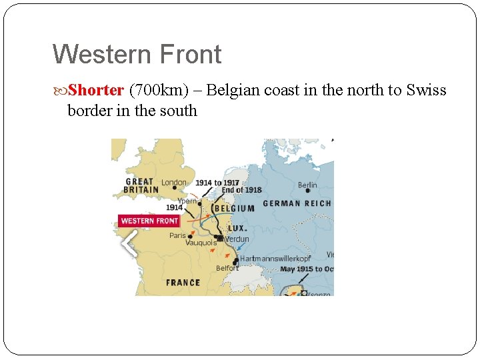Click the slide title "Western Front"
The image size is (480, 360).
137,54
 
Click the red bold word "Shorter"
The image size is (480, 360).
95,90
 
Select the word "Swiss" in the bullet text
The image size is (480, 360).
426,90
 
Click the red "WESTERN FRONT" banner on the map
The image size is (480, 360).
149,221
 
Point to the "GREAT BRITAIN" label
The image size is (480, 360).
141,185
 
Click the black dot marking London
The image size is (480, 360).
175,187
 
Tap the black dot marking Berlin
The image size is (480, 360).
307,191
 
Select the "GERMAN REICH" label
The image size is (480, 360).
297,203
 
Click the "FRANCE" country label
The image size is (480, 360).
183,283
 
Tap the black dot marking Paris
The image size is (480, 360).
190,236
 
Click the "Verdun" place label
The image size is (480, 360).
237,239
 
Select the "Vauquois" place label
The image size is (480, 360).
201,243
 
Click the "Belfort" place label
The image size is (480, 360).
227,268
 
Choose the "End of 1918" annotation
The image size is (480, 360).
241,190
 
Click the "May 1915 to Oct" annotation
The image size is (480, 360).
307,269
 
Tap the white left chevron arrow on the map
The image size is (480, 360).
129,245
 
